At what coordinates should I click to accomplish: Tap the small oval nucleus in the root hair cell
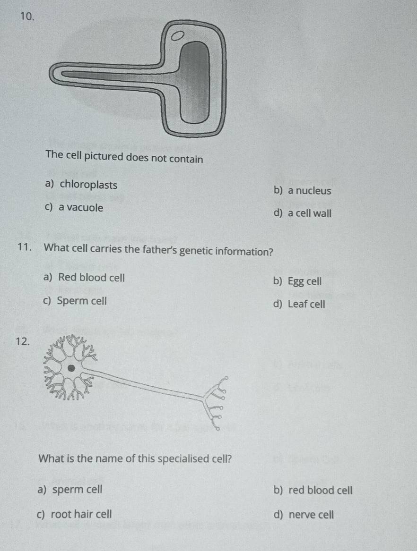pos(177,35)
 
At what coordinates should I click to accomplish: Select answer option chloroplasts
pos(88,185)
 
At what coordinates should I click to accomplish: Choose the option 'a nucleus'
pos(309,191)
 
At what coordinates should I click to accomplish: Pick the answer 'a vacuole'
pos(80,208)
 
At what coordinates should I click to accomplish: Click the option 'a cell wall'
pos(309,213)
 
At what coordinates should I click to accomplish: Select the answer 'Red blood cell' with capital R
pos(91,278)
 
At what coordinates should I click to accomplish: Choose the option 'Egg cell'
pos(304,281)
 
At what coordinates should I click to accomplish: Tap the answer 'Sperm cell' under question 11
pos(82,301)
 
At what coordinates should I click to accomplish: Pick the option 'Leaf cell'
pos(306,304)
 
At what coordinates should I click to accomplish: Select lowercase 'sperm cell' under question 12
pos(77,490)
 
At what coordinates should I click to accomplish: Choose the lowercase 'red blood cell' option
pos(320,490)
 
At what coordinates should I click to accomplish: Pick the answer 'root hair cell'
pos(81,514)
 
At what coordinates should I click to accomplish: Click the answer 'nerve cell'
pos(311,514)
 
